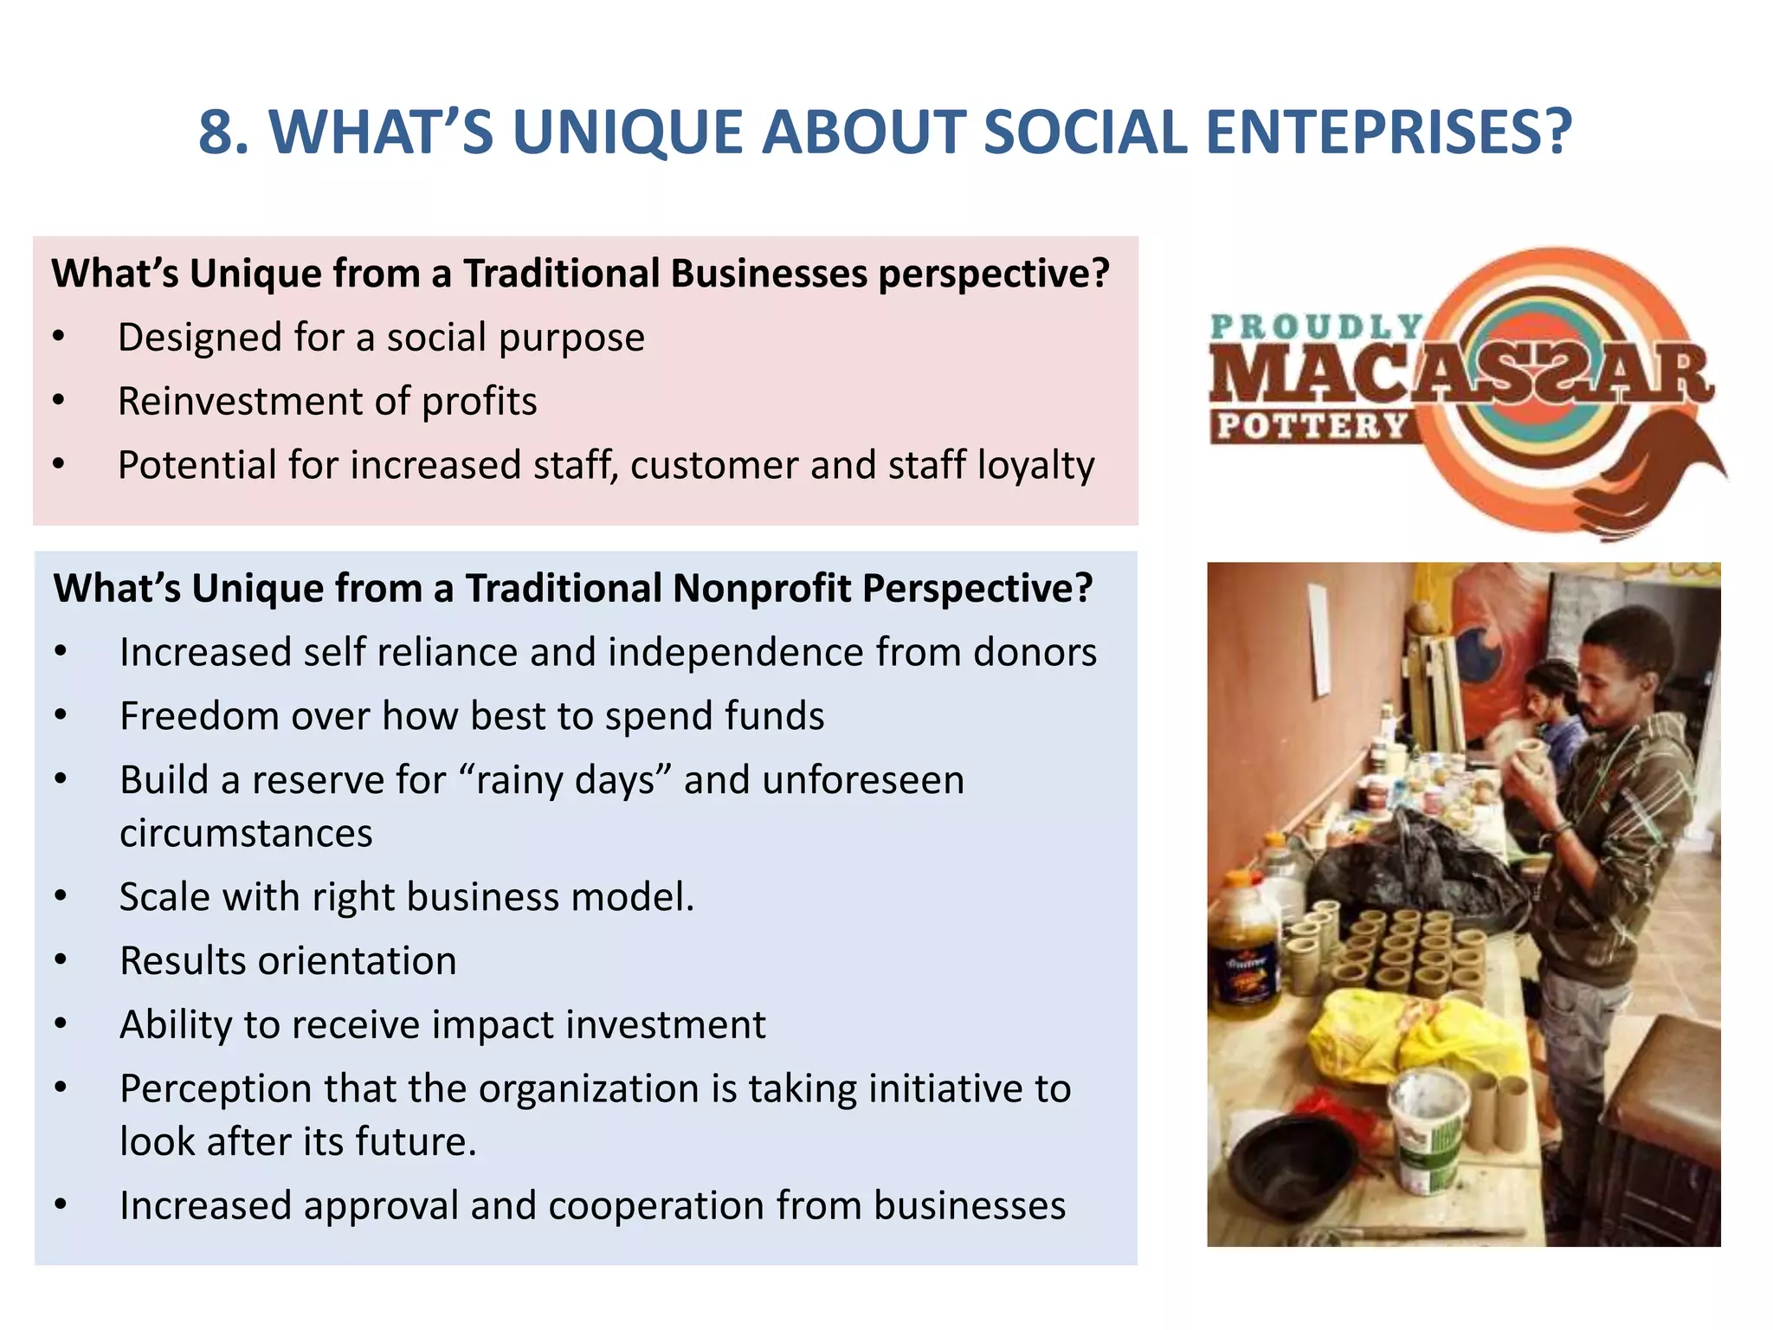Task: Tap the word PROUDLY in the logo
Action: [x=1316, y=326]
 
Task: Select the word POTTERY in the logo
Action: [x=1312, y=426]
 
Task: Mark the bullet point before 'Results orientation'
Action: [x=61, y=961]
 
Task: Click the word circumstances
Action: [x=246, y=833]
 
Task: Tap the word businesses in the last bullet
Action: [x=970, y=1205]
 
